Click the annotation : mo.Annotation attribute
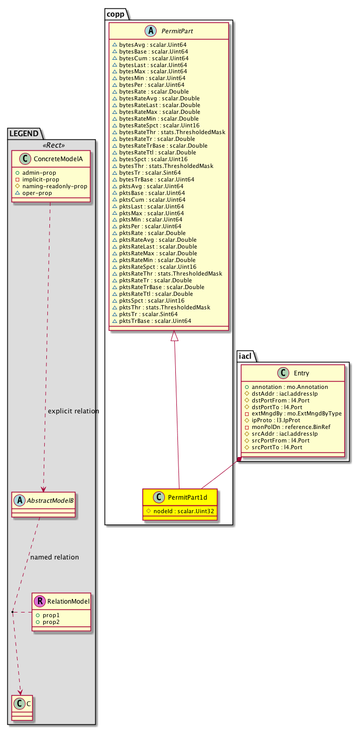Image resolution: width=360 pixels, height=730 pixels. point(290,387)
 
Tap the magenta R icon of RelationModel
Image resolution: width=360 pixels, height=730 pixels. point(39,602)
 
